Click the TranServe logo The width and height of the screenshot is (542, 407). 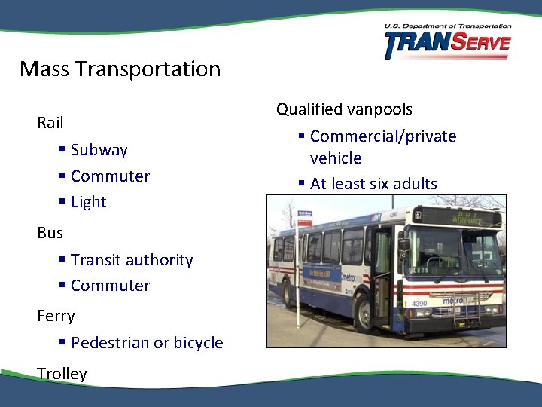[x=447, y=42]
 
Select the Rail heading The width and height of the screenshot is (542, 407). [x=50, y=122]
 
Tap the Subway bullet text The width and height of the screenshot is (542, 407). [x=99, y=150]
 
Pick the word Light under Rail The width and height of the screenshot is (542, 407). [x=89, y=202]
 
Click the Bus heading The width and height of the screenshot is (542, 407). [x=50, y=233]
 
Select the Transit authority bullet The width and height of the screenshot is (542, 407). [x=132, y=260]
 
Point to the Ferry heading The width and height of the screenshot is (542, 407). [x=56, y=316]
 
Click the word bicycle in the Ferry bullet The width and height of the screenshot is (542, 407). [x=198, y=343]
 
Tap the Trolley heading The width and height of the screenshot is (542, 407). [x=62, y=374]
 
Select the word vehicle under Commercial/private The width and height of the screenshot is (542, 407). [x=336, y=158]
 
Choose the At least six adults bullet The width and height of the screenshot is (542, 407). [x=373, y=184]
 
